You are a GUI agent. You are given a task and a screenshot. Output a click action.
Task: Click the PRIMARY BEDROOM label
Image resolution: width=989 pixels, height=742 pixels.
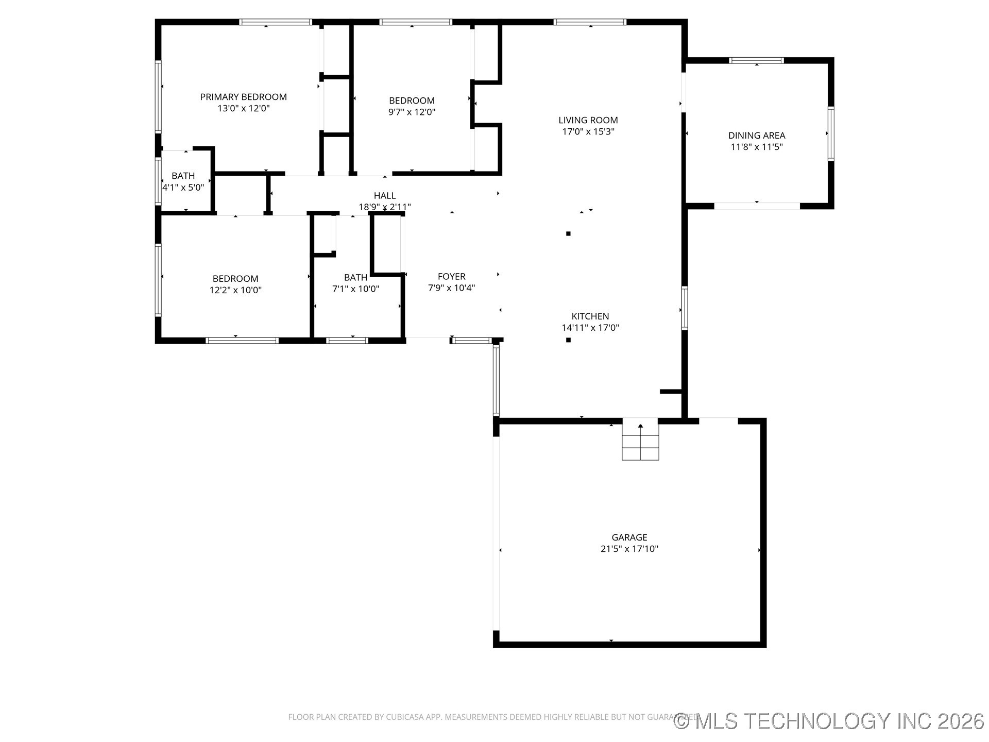243,97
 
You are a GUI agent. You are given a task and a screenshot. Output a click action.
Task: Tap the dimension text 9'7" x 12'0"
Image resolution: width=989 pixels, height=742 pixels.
412,112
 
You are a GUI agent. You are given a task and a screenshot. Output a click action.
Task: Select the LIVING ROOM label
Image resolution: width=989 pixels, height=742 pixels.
588,120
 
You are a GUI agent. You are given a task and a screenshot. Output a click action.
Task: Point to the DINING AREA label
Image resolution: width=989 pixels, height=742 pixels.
756,136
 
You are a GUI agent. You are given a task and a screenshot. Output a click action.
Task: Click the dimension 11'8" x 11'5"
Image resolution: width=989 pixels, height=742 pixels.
756,147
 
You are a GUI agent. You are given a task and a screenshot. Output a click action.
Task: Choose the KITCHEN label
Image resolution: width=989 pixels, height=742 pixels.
590,316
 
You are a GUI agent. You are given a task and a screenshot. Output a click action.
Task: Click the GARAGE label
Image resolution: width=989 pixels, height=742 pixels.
629,537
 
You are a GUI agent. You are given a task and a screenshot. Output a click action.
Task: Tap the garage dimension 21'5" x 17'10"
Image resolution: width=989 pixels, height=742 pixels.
629,549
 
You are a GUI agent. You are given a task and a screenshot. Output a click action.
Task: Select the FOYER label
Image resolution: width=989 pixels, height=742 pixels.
451,277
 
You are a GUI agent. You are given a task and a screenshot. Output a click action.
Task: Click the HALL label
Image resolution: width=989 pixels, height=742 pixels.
384,196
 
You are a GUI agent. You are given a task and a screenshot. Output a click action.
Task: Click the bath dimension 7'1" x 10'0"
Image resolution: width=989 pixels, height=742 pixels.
355,289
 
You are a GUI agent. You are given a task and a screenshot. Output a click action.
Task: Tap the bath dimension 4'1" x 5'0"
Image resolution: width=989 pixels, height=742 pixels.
183,188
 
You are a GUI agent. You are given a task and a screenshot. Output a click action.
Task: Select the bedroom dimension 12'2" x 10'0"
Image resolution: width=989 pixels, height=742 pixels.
235,290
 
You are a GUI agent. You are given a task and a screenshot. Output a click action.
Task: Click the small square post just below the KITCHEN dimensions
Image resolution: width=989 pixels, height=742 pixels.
568,340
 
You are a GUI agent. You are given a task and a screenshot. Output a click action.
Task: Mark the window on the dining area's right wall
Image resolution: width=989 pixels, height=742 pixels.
830,133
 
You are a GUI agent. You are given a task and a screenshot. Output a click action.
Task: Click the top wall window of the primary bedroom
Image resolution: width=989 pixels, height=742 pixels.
276,22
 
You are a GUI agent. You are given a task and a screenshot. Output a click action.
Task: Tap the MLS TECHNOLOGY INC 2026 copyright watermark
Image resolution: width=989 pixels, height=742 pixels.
829,721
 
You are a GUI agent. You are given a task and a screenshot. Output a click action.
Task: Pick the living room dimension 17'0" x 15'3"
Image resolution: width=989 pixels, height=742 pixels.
588,131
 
